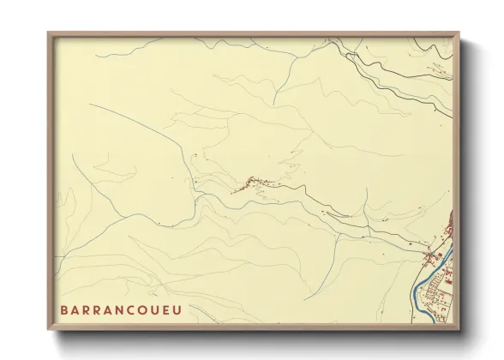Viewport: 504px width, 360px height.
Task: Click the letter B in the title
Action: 63,310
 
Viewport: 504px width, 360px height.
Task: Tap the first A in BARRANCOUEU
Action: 75,310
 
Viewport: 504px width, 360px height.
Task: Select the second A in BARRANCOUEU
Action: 111,310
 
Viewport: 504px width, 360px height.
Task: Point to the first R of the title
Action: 87,310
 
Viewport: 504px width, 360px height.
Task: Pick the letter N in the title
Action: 123,310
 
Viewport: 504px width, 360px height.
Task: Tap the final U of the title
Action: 177,310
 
